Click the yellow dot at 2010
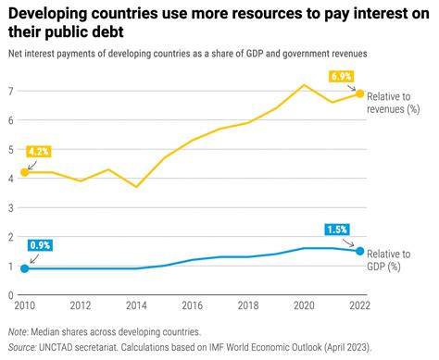24,172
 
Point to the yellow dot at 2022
360,94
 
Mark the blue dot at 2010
24,268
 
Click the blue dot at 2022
360,251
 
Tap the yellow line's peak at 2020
304,85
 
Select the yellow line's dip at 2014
136,187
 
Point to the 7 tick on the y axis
10,91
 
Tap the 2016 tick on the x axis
192,306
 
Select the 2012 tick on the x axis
81,306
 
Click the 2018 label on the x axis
248,306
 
